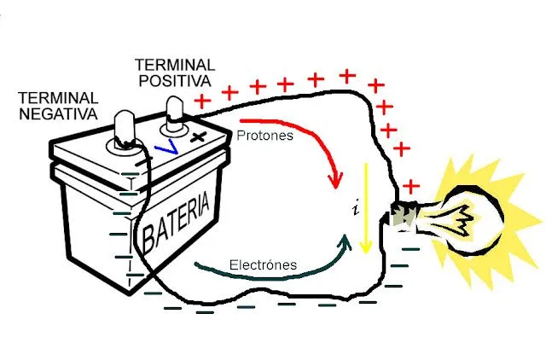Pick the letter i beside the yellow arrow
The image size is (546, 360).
(x=353, y=209)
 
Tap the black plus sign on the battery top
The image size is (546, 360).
(x=199, y=136)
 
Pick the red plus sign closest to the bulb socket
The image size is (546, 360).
(x=411, y=185)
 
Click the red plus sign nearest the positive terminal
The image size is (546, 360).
(x=202, y=101)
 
